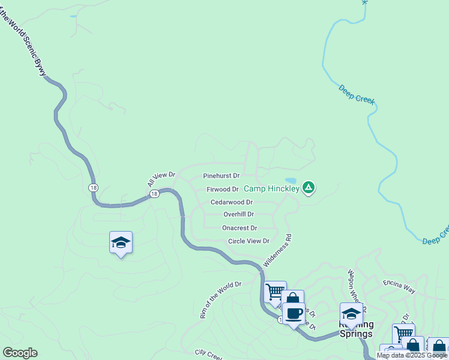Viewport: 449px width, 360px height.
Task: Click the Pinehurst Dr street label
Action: point(221,176)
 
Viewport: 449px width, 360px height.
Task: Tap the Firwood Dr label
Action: point(223,190)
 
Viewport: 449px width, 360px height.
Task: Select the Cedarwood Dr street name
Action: point(231,203)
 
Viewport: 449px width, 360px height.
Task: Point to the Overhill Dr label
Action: point(238,214)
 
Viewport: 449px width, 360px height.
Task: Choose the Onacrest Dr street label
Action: point(239,228)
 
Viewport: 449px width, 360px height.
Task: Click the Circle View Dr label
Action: point(249,241)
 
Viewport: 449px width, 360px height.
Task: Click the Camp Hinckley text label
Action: point(271,188)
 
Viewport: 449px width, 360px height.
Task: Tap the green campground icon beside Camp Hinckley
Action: point(309,188)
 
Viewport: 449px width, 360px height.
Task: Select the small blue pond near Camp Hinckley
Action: point(291,180)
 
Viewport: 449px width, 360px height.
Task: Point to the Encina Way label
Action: point(399,285)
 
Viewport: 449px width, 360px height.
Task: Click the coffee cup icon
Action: point(294,313)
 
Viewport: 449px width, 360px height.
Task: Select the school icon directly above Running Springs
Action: point(351,313)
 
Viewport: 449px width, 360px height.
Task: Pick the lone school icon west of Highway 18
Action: point(121,242)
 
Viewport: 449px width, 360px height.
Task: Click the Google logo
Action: point(20,352)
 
